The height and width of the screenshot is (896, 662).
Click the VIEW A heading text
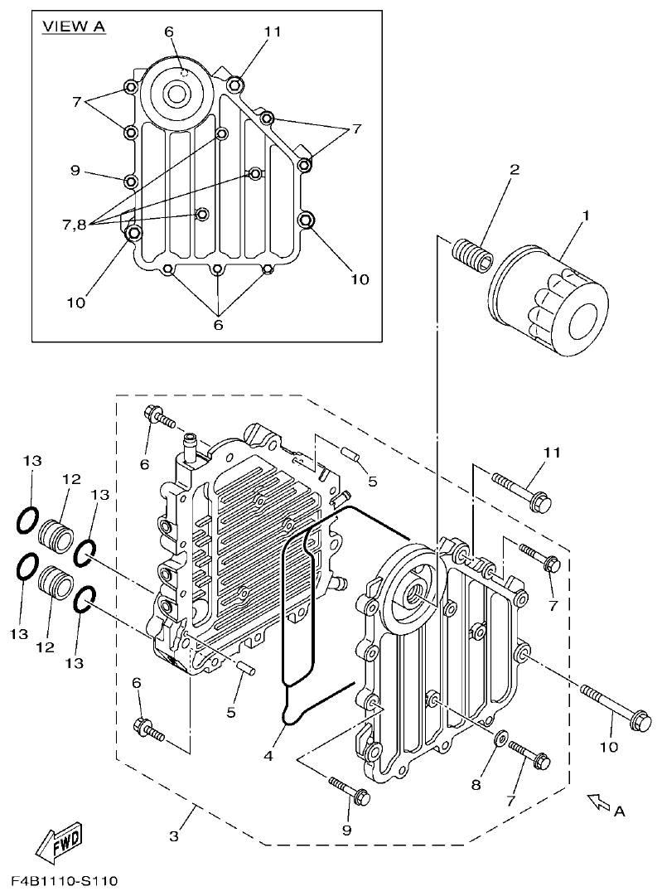pyautogui.click(x=74, y=27)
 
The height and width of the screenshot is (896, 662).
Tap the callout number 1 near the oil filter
pyautogui.click(x=586, y=216)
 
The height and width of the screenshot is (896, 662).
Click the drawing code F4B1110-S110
pyautogui.click(x=65, y=879)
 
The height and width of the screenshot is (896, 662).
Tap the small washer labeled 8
pyautogui.click(x=500, y=737)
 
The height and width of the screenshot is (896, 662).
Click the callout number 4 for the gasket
pyautogui.click(x=268, y=755)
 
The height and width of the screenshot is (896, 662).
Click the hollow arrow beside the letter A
pyautogui.click(x=596, y=800)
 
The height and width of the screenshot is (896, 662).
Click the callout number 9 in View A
pyautogui.click(x=75, y=171)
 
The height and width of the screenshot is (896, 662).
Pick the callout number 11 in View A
pyautogui.click(x=273, y=31)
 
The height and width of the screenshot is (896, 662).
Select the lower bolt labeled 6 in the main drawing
pyautogui.click(x=149, y=729)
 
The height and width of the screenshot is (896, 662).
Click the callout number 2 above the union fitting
pyautogui.click(x=515, y=170)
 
